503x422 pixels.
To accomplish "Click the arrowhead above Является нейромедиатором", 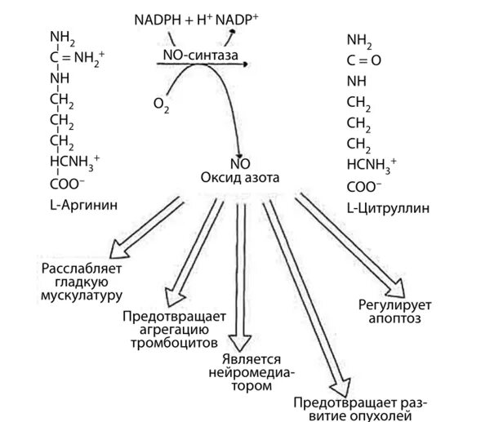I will [243, 343].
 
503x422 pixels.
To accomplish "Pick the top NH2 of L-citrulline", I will [359, 38].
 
